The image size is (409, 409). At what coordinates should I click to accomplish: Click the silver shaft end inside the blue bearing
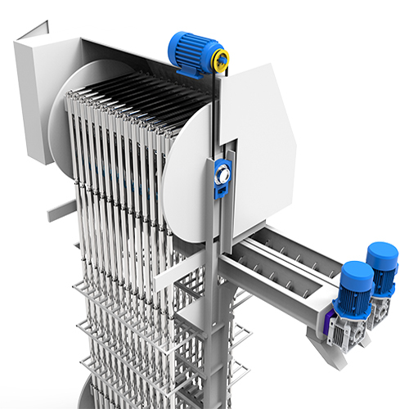pyautogui.click(x=219, y=175)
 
